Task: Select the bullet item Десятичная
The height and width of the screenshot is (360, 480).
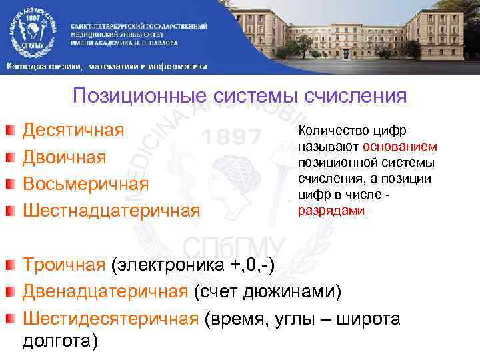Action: click(74, 129)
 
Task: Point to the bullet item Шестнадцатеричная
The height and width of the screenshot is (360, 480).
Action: click(111, 211)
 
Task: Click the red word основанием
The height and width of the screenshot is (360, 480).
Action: click(400, 146)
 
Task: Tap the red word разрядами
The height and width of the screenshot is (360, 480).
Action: click(322, 210)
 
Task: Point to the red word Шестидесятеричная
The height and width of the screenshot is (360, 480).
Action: click(111, 319)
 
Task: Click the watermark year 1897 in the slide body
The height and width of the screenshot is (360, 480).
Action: click(231, 137)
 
